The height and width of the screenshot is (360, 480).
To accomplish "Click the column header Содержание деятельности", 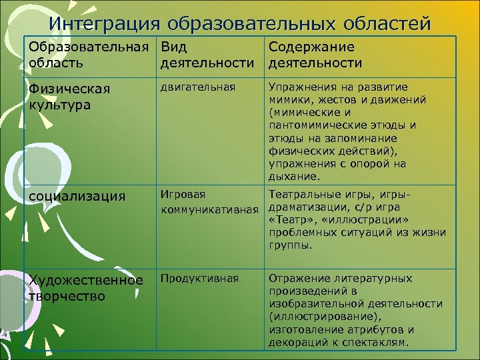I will [x=315, y=55].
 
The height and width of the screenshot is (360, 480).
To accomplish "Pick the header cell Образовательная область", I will [x=87, y=55].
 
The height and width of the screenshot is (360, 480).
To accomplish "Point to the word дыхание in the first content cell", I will [x=293, y=177].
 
